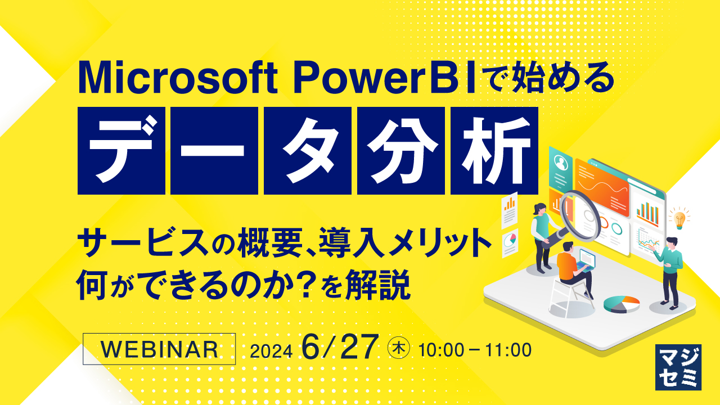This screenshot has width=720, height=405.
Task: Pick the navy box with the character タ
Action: (308, 151)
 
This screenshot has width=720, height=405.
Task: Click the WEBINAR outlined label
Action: (159, 349)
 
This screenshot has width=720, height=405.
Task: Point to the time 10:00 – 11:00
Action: (475, 350)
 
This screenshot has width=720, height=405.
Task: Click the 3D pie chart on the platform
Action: (622, 304)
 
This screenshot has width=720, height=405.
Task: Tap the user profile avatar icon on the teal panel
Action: (560, 163)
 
